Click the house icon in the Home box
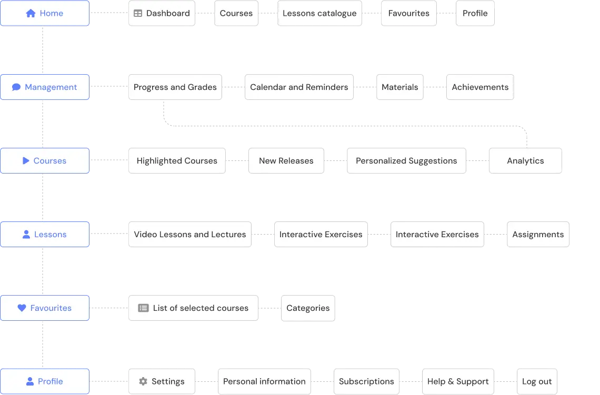click(x=31, y=13)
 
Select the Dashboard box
click(x=162, y=14)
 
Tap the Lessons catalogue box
click(x=319, y=14)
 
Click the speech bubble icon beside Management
click(x=16, y=87)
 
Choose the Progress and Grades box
click(x=175, y=87)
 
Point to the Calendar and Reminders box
click(x=299, y=87)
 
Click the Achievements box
click(x=480, y=87)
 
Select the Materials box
click(x=400, y=87)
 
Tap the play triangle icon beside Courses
click(x=26, y=161)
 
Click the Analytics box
click(x=525, y=161)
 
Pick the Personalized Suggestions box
click(x=406, y=161)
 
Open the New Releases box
click(x=286, y=161)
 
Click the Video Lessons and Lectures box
click(x=189, y=235)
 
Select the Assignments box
click(x=538, y=235)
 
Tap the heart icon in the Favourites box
click(x=22, y=308)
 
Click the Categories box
click(x=308, y=308)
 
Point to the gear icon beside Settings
click(x=143, y=381)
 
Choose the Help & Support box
click(x=458, y=381)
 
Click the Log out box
click(x=537, y=381)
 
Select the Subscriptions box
click(x=366, y=381)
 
